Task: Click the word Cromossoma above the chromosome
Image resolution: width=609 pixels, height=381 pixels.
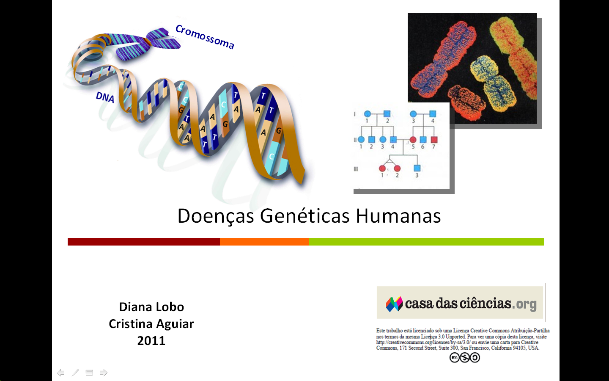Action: coord(205,37)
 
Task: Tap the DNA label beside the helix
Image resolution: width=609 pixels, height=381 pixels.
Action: coord(105,97)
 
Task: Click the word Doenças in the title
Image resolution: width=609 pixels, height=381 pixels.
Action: coord(216,216)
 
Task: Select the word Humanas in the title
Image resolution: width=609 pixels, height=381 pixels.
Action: coord(398,216)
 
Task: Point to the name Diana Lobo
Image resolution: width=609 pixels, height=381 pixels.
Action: coord(151,307)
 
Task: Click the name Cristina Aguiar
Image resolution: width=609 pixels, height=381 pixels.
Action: coord(151,324)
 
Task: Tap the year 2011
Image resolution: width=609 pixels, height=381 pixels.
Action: coord(151,341)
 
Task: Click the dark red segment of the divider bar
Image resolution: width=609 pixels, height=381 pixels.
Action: coord(143,242)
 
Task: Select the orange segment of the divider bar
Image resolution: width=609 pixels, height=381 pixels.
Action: coord(264,242)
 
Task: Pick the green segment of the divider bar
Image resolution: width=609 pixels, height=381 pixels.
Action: coord(426,242)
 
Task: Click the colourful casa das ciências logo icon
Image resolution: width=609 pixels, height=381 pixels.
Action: coord(394,304)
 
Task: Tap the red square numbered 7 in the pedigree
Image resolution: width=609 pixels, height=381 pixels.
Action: coord(434,140)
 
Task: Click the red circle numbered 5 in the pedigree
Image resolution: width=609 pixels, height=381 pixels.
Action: coord(413,140)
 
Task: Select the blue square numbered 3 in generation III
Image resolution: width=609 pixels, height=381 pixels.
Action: coord(417,168)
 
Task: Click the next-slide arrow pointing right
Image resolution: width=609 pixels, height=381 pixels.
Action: coord(104,373)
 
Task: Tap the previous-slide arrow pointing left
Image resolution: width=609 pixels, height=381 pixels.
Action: coord(60,373)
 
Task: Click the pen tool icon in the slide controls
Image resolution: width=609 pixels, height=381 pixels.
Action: coord(75,373)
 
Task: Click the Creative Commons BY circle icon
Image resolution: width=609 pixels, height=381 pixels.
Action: coord(454,358)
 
